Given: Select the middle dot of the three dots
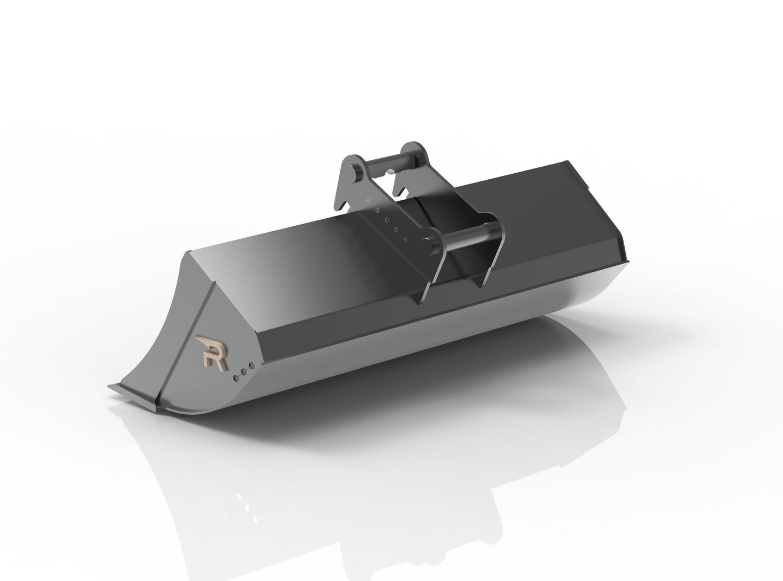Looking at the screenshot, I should coord(243,371).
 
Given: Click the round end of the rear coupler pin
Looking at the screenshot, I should coord(352,168).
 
